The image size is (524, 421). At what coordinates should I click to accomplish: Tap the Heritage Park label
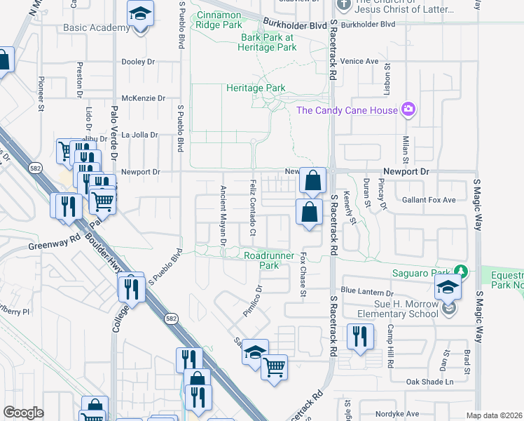(256, 88)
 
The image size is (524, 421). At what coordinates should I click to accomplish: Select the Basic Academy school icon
(140, 14)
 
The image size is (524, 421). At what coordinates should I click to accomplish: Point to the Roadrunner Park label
(261, 261)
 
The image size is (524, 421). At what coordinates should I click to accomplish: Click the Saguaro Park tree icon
(460, 271)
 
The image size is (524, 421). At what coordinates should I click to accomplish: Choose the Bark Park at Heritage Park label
(268, 42)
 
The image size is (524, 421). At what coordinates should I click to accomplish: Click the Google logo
(23, 412)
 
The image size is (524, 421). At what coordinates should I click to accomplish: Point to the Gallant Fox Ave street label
(429, 200)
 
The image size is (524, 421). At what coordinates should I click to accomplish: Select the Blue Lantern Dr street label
(367, 291)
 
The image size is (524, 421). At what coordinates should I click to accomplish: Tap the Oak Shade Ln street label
(430, 382)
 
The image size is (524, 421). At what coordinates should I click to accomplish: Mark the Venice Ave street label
(360, 61)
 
